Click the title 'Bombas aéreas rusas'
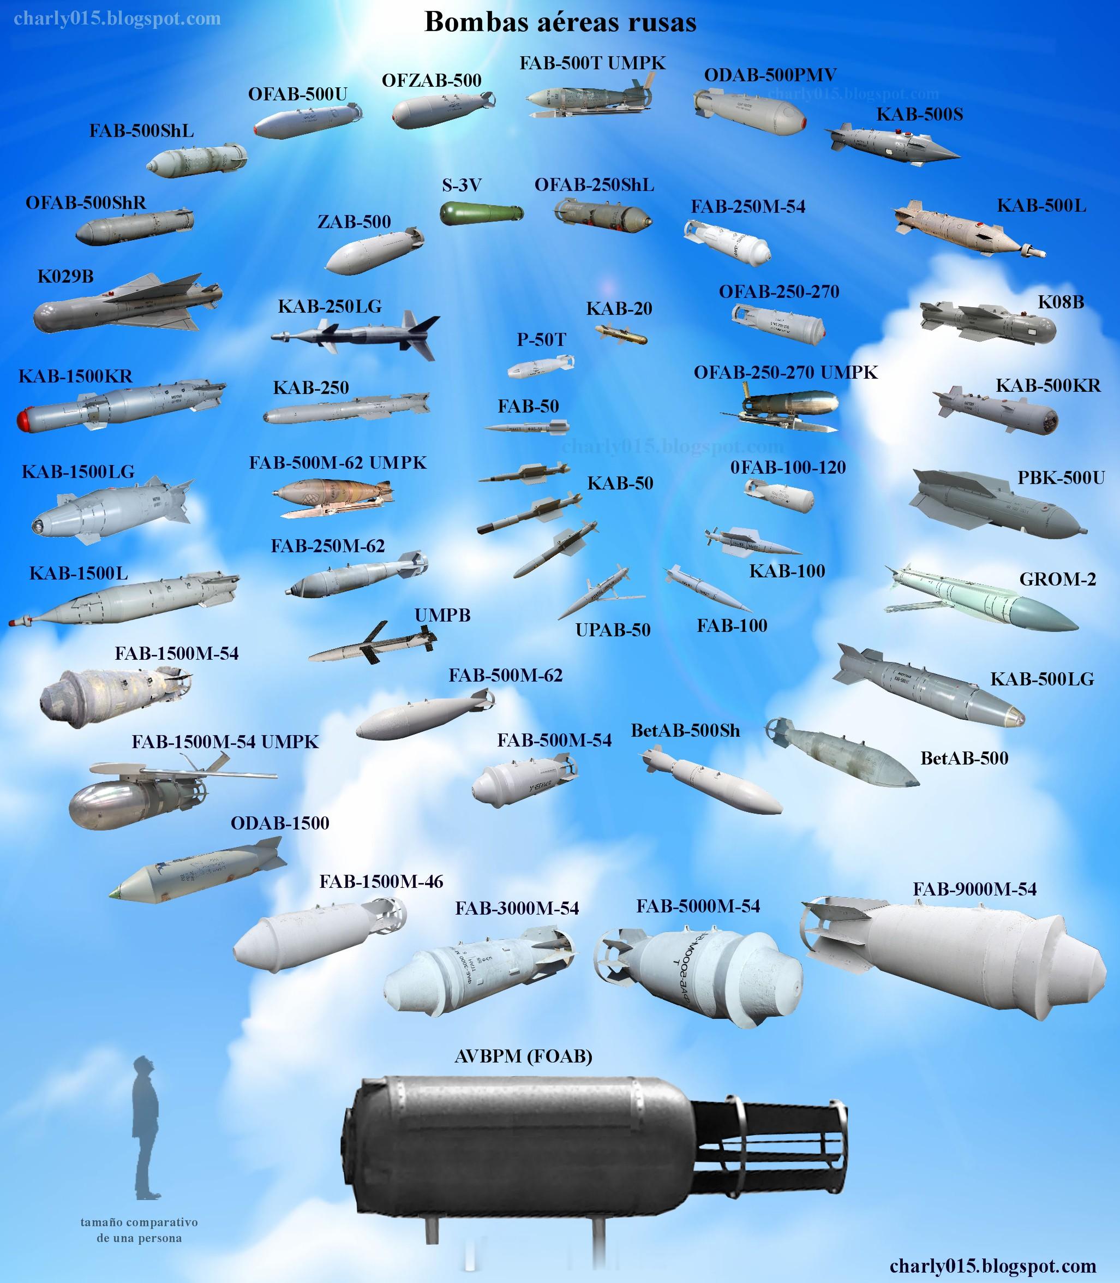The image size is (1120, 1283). click(x=560, y=22)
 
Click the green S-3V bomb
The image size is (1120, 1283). click(x=481, y=213)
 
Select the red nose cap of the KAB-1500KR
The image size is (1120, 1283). click(x=26, y=419)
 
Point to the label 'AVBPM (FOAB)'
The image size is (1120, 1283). click(x=523, y=1056)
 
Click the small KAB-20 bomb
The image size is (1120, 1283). click(x=621, y=334)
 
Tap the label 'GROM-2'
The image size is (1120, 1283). click(x=1057, y=579)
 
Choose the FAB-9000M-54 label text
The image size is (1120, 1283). click(x=974, y=888)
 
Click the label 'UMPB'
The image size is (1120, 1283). click(x=442, y=615)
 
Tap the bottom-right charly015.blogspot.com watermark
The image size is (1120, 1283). click(x=992, y=1266)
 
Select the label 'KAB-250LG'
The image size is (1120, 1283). click(x=330, y=306)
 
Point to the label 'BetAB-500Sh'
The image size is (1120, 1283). click(x=685, y=730)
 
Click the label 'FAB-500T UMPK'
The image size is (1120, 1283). click(x=592, y=63)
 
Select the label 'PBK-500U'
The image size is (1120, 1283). click(x=1061, y=478)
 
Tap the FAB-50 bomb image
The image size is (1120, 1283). click(x=527, y=428)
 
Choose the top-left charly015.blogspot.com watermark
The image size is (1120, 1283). click(x=117, y=19)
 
